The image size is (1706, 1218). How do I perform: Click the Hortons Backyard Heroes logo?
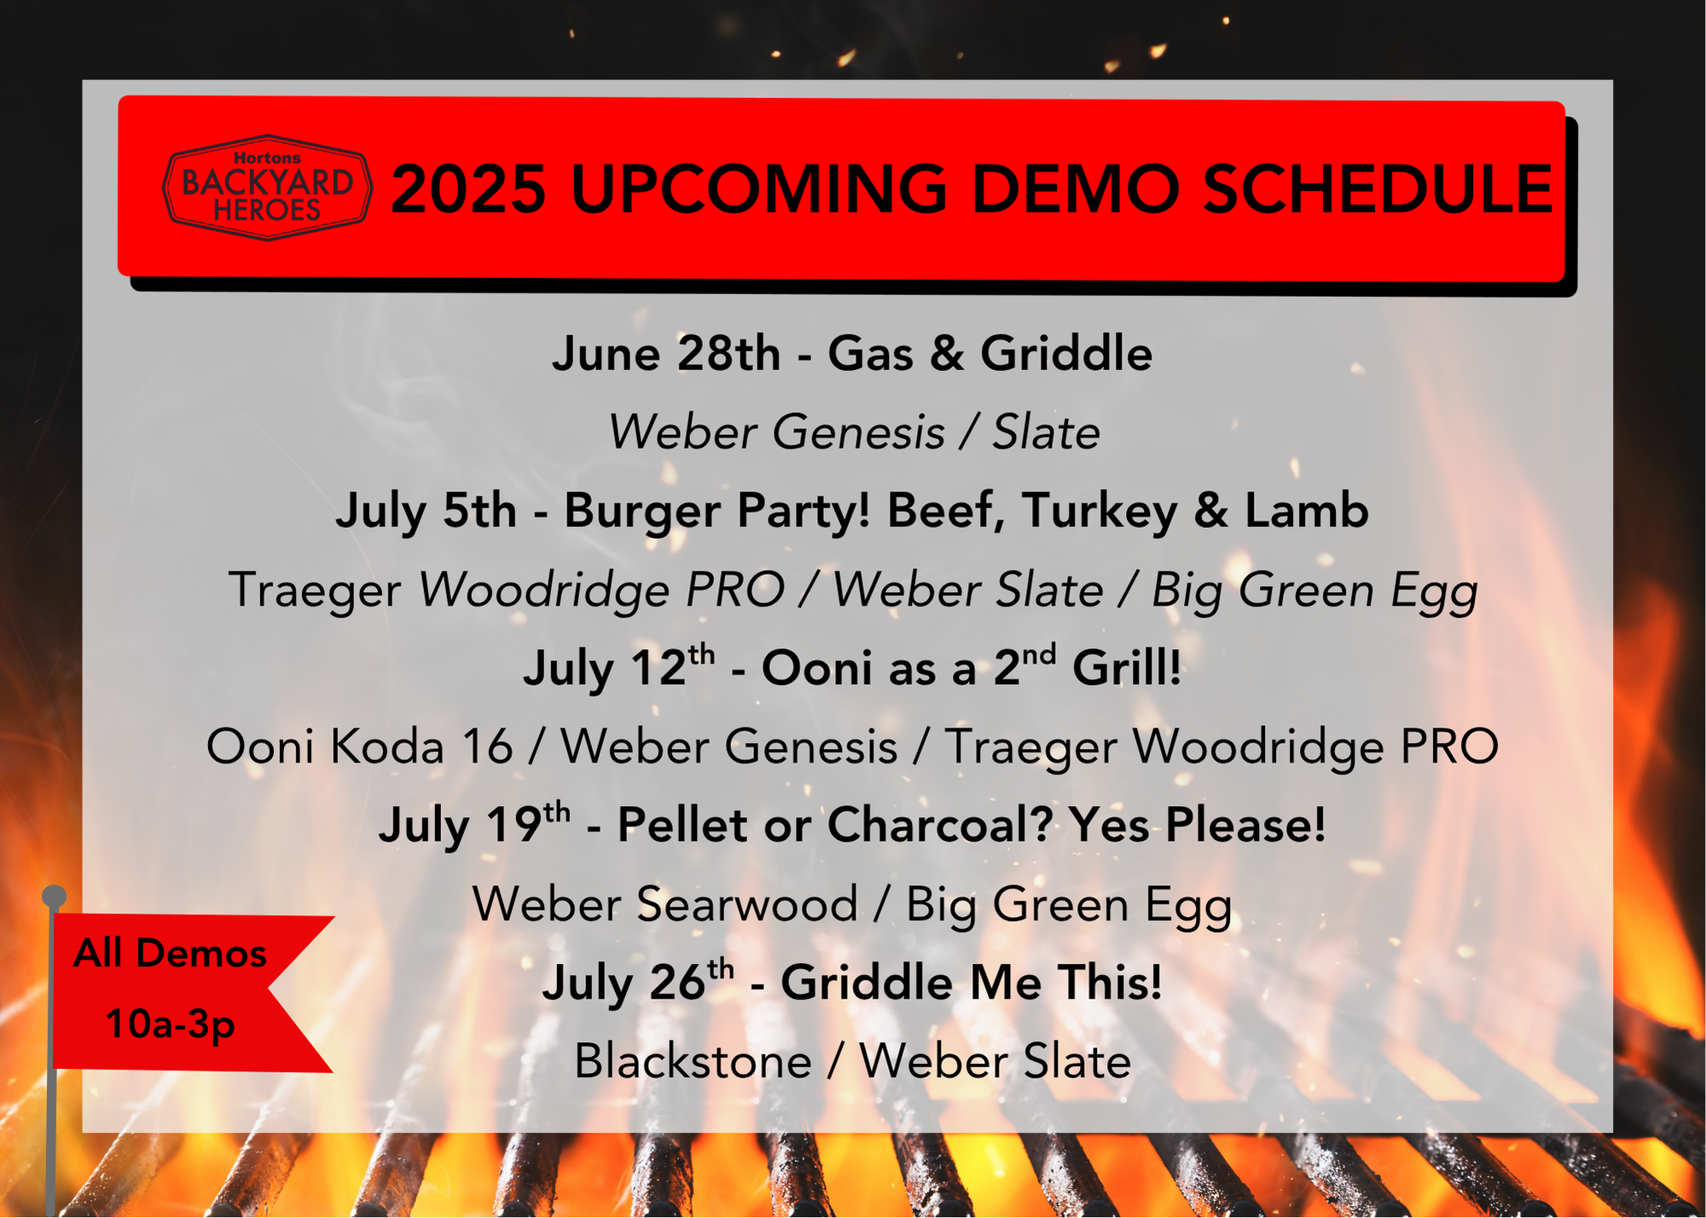268,188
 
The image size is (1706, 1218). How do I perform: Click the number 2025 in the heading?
468,188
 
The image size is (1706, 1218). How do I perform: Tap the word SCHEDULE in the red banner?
1378,188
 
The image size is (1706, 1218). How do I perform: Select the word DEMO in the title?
1077,188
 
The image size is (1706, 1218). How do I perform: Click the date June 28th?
666,353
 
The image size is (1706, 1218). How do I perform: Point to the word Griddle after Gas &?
1066,353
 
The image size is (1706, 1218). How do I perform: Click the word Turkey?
1100,512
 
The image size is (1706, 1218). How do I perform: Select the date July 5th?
426,512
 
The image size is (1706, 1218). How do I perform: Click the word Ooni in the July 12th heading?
818,667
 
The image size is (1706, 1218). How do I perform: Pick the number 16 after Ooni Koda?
487,746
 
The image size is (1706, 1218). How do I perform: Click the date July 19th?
474,824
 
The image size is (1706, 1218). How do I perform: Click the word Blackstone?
693,1061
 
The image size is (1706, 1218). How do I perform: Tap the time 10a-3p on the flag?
170,1024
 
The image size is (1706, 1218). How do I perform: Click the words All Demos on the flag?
170,953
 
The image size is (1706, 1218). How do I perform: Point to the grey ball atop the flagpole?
54,896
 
